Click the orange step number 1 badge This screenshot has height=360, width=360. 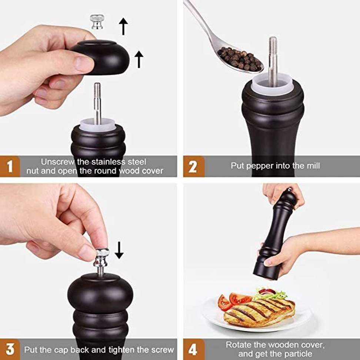[x=10, y=166]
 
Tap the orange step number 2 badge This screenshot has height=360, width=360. [x=193, y=166]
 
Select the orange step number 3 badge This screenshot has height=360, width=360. [x=10, y=349]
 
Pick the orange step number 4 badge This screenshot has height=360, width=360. [x=193, y=349]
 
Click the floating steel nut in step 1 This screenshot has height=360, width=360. [x=97, y=21]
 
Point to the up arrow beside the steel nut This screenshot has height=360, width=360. [x=123, y=26]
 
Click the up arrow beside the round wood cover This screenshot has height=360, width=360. [x=139, y=60]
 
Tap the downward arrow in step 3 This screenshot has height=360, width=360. [x=119, y=250]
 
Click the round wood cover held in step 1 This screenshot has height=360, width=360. [x=101, y=57]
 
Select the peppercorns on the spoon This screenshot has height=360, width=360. [x=240, y=59]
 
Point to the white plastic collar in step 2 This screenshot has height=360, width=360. [x=272, y=84]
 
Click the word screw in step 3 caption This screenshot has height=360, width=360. [x=162, y=350]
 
